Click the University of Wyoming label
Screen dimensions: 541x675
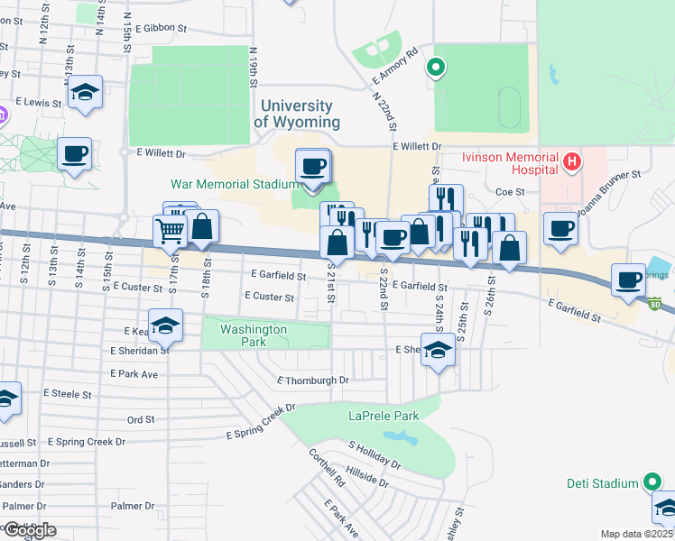[297, 115]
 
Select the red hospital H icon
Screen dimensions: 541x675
[570, 163]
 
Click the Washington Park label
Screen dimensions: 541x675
[254, 335]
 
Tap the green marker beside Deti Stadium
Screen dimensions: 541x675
[650, 483]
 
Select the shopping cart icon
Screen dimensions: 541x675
[171, 231]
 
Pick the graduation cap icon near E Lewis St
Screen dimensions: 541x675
[85, 93]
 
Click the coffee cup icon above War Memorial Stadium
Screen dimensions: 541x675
[313, 167]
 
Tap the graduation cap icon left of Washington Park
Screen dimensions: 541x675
[165, 326]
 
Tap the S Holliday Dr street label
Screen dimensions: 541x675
[374, 455]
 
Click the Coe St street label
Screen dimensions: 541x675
[510, 191]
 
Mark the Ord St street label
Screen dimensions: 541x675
[141, 419]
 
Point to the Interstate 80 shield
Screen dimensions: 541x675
[654, 302]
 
